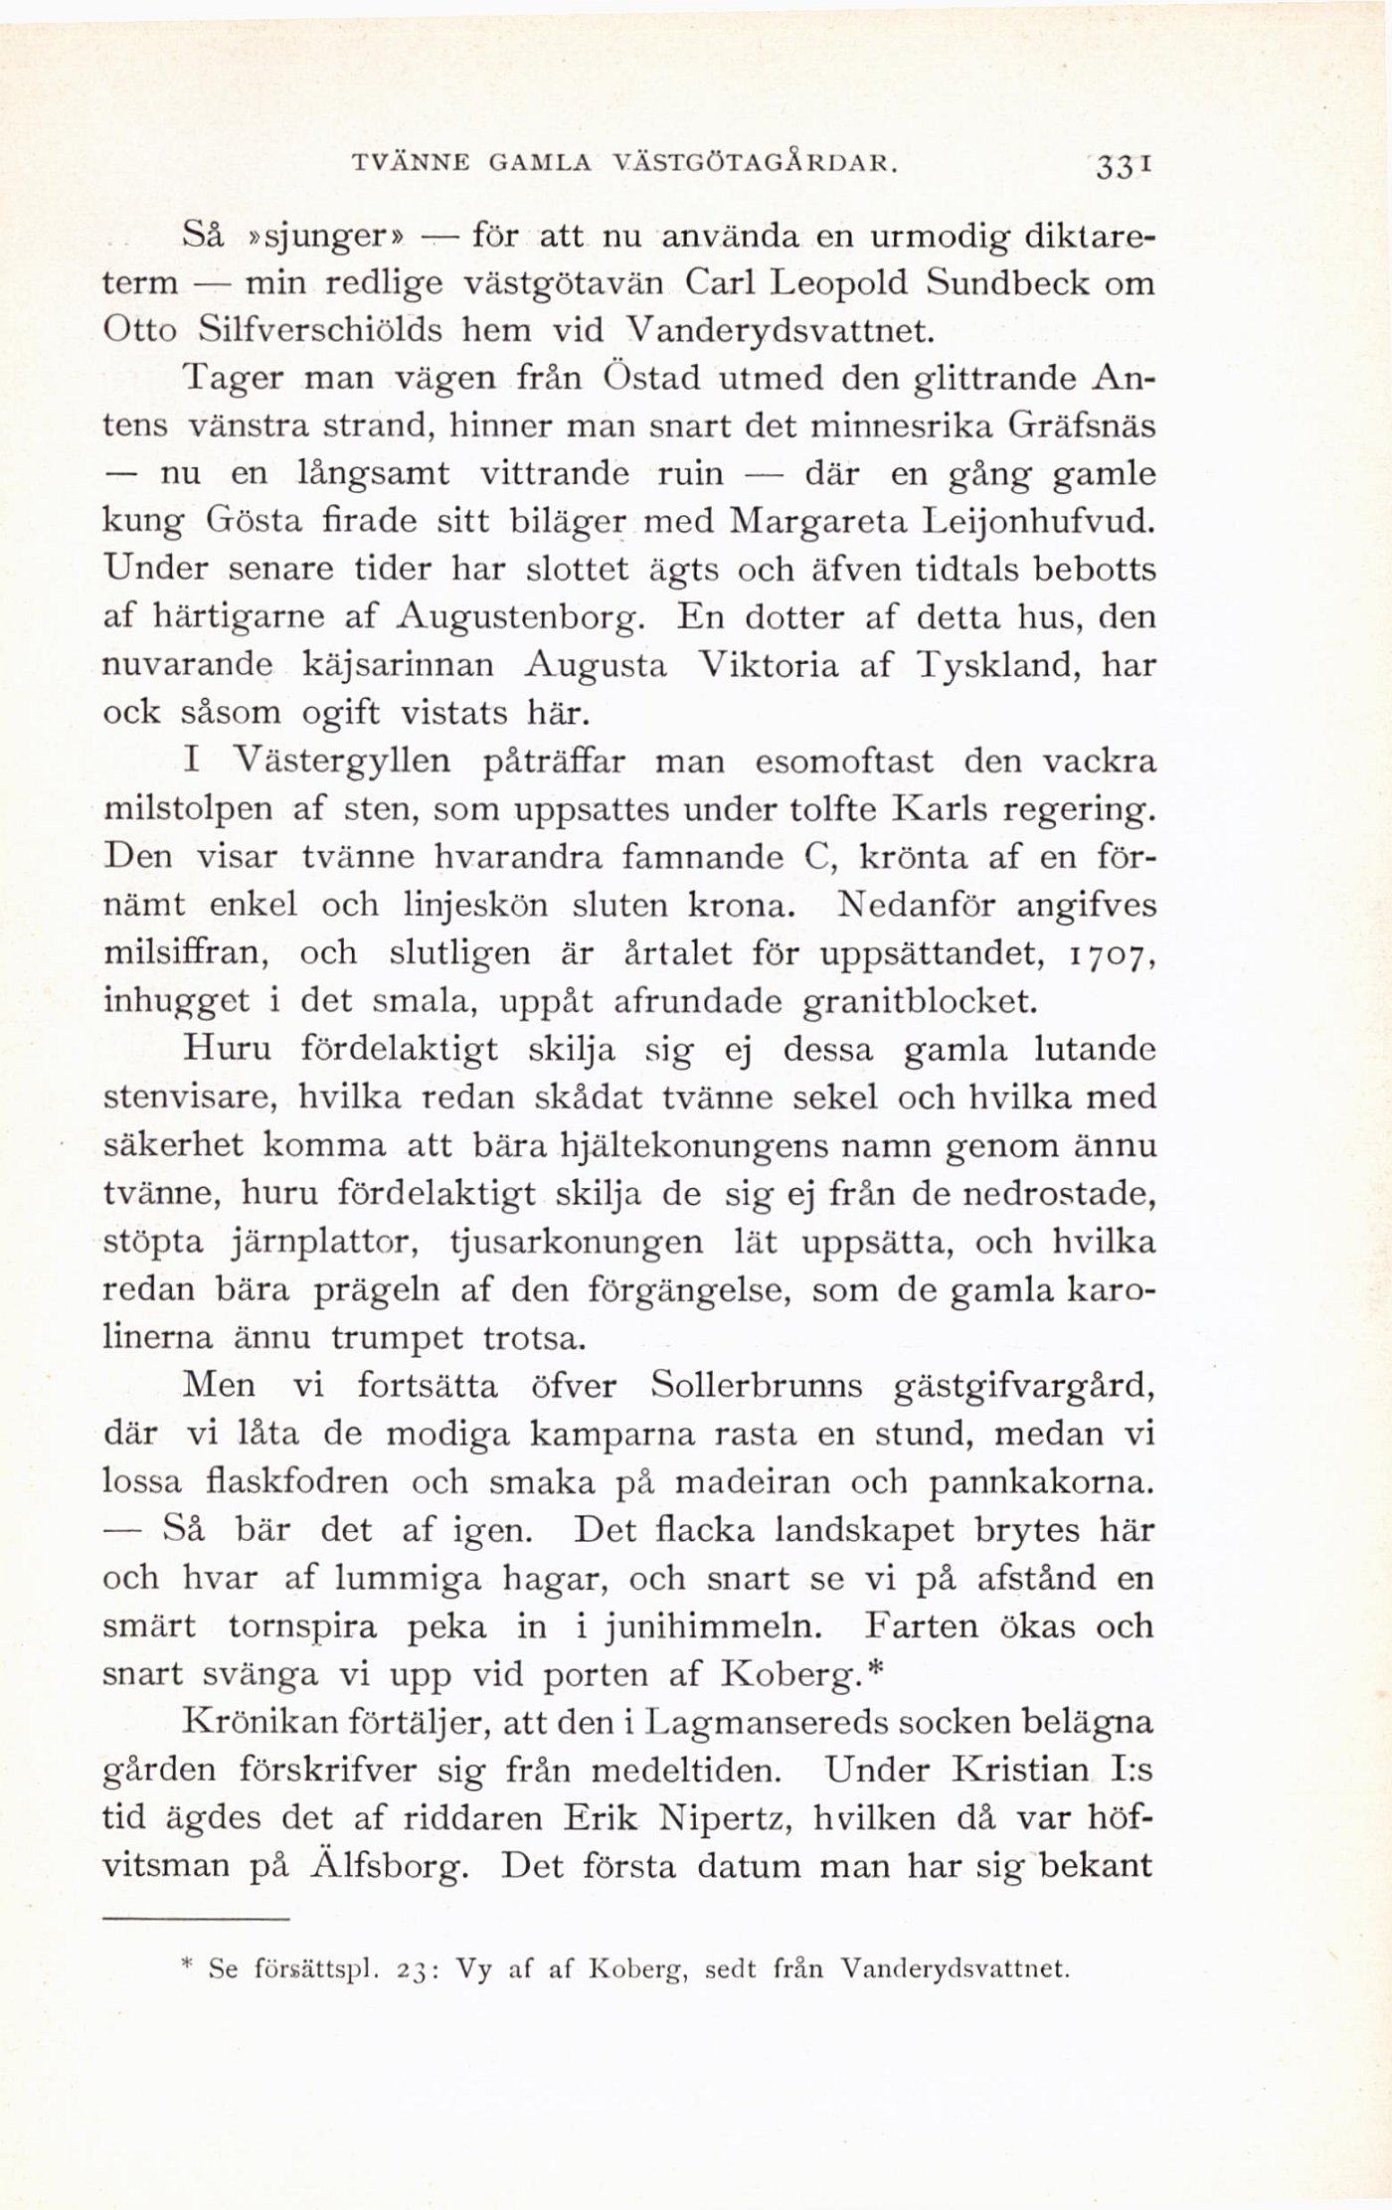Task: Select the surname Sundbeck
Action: coord(1009,284)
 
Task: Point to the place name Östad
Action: coord(650,379)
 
